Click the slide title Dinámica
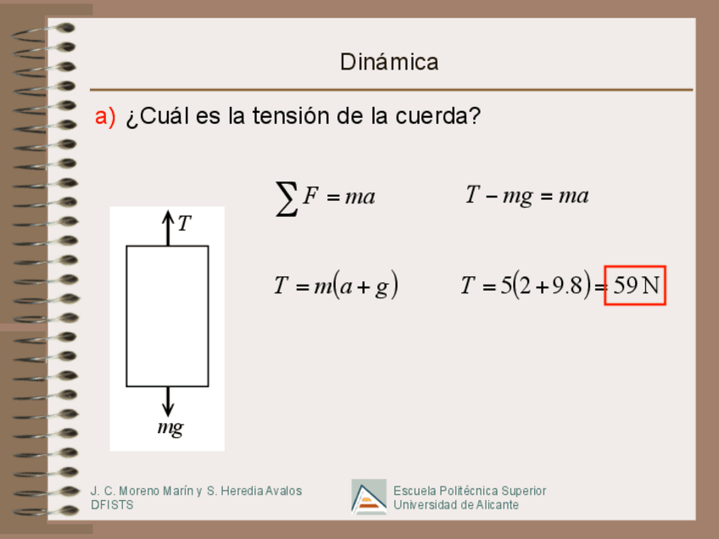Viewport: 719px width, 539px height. click(x=389, y=62)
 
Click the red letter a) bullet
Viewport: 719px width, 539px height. click(x=104, y=117)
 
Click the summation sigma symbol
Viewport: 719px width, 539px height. click(x=287, y=198)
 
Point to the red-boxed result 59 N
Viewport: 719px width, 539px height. click(x=635, y=286)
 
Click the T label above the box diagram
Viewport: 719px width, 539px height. click(x=184, y=224)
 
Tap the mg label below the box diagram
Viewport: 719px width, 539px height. click(x=170, y=428)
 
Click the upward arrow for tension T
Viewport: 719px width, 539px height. click(x=167, y=227)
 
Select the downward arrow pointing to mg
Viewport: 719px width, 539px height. click(x=167, y=401)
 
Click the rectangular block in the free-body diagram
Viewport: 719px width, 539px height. click(x=167, y=315)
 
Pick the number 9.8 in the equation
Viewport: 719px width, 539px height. click(x=567, y=286)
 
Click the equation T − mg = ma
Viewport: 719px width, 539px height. click(x=527, y=197)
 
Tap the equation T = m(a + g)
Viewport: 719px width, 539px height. click(x=336, y=286)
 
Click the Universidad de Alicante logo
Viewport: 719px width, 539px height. click(x=369, y=497)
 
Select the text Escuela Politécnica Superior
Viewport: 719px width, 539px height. click(x=470, y=491)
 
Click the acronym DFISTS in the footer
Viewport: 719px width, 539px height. click(x=112, y=505)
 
